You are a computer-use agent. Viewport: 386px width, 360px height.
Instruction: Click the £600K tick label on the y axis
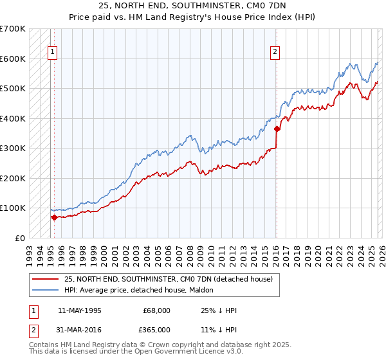click(x=13, y=59)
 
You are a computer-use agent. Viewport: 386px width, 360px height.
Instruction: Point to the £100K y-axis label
click(x=13, y=208)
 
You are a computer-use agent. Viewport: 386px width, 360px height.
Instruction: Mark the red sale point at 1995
click(x=54, y=217)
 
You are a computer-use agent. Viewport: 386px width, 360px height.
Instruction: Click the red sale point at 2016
click(x=277, y=129)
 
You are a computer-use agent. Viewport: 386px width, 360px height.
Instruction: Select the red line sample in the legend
click(x=45, y=279)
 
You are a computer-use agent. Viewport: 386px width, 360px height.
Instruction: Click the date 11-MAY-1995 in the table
click(x=80, y=310)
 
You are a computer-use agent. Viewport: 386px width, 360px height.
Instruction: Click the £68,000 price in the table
click(x=156, y=310)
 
